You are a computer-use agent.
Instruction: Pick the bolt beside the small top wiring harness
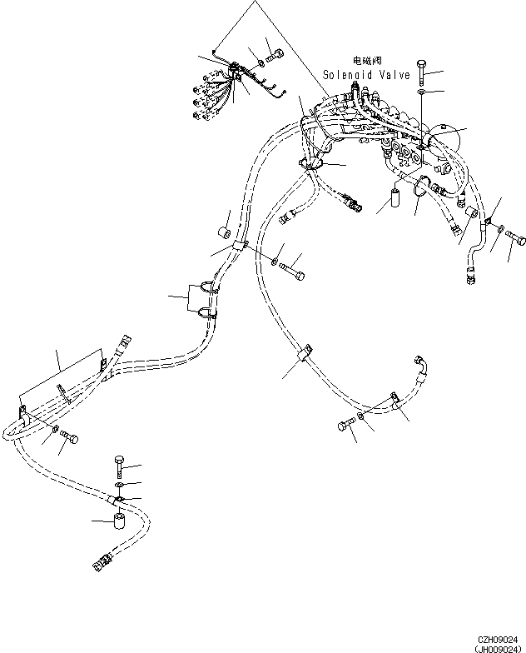tap(276, 55)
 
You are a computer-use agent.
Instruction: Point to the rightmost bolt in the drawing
tap(515, 241)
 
